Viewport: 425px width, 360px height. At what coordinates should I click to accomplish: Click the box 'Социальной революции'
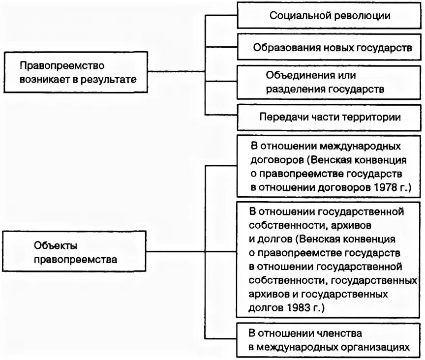(x=329, y=15)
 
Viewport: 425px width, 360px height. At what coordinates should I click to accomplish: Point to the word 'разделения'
(x=292, y=90)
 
